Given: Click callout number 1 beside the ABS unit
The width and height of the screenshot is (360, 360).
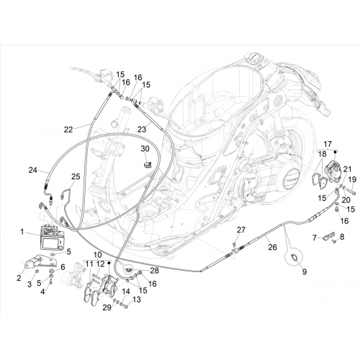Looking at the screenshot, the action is (x=22, y=232).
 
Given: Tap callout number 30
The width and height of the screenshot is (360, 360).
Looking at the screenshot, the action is (x=145, y=149).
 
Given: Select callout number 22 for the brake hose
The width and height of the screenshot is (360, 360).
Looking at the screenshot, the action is (x=68, y=130).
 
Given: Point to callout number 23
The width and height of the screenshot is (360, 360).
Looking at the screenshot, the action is (x=142, y=130).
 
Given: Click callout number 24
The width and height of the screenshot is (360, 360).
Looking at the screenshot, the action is (x=33, y=170).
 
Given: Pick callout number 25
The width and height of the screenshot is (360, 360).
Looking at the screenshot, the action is (x=76, y=176).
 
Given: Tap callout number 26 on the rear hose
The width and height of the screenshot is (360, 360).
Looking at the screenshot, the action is (x=272, y=247).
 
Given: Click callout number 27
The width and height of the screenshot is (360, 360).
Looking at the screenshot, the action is (x=241, y=230).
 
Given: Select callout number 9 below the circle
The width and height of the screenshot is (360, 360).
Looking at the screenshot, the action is (x=305, y=272).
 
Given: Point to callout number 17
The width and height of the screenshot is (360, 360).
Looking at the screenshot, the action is (x=328, y=144).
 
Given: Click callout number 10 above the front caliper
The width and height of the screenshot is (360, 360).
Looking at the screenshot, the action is (x=98, y=255).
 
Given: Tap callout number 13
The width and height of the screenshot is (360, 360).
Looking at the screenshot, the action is (x=136, y=300).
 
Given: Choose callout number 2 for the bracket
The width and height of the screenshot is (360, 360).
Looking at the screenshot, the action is (x=19, y=278).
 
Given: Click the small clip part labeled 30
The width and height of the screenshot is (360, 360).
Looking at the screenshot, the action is (x=147, y=165).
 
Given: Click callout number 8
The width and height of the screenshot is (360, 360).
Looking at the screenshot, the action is (x=342, y=237).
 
